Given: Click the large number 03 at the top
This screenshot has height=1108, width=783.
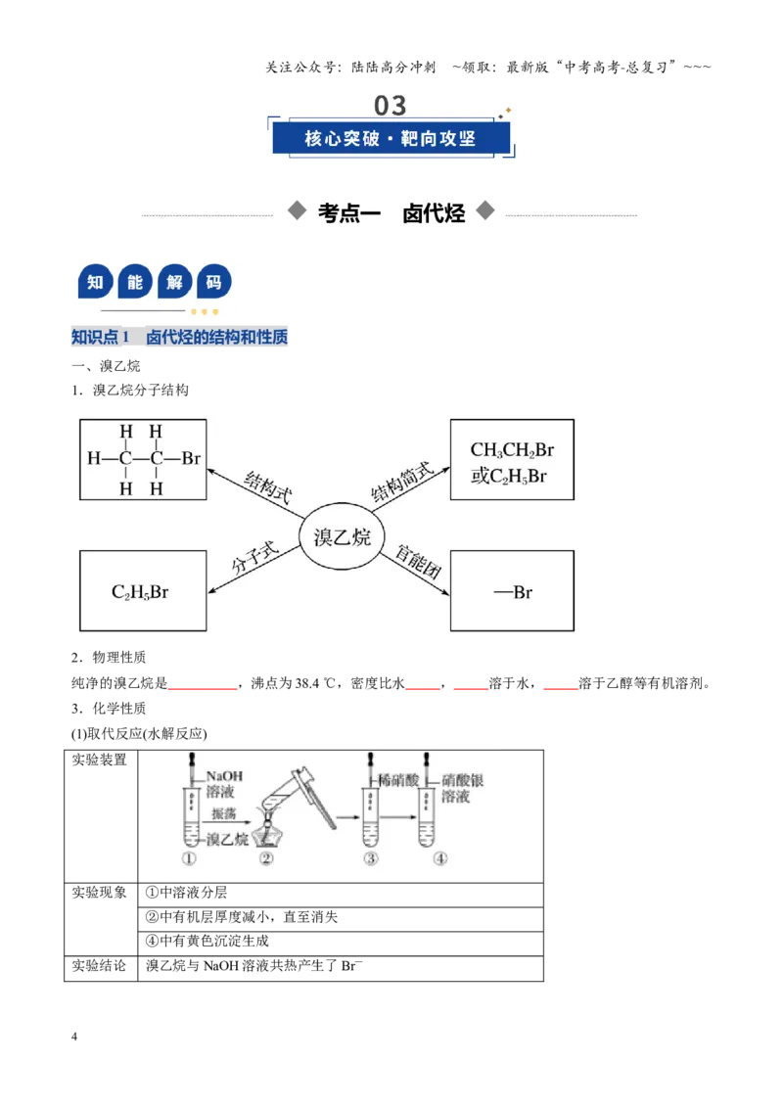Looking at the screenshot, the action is [x=391, y=106].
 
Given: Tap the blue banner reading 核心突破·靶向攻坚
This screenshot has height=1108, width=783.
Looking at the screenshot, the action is [x=391, y=138].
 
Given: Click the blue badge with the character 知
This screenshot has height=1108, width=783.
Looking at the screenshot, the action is [x=95, y=283].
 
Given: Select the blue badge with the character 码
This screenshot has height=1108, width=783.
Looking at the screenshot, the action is [x=213, y=283].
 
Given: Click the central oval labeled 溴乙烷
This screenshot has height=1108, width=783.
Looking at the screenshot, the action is [x=342, y=536].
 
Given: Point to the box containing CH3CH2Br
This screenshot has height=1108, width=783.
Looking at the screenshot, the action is [x=512, y=459].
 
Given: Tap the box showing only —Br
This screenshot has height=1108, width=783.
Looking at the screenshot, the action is [x=512, y=591].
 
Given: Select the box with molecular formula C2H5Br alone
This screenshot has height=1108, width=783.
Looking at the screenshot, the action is [x=143, y=591].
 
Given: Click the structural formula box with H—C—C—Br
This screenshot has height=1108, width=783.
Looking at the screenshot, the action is [x=143, y=459].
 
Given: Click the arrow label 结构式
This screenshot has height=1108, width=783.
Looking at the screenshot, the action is [x=268, y=486].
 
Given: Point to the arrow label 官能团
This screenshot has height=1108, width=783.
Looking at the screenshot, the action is [x=418, y=563].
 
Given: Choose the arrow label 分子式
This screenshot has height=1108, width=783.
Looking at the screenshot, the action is [x=255, y=558].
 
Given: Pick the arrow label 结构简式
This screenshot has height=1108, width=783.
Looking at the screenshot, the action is [x=401, y=482].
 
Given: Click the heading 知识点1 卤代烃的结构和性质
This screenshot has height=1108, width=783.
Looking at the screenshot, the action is [x=179, y=337].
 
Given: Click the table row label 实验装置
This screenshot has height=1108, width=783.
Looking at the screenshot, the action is [x=99, y=760].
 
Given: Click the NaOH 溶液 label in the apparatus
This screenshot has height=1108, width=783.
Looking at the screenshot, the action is [x=223, y=784].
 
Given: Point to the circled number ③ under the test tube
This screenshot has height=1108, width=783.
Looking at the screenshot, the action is [x=371, y=858].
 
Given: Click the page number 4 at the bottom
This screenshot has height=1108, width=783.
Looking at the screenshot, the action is [x=74, y=1037].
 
